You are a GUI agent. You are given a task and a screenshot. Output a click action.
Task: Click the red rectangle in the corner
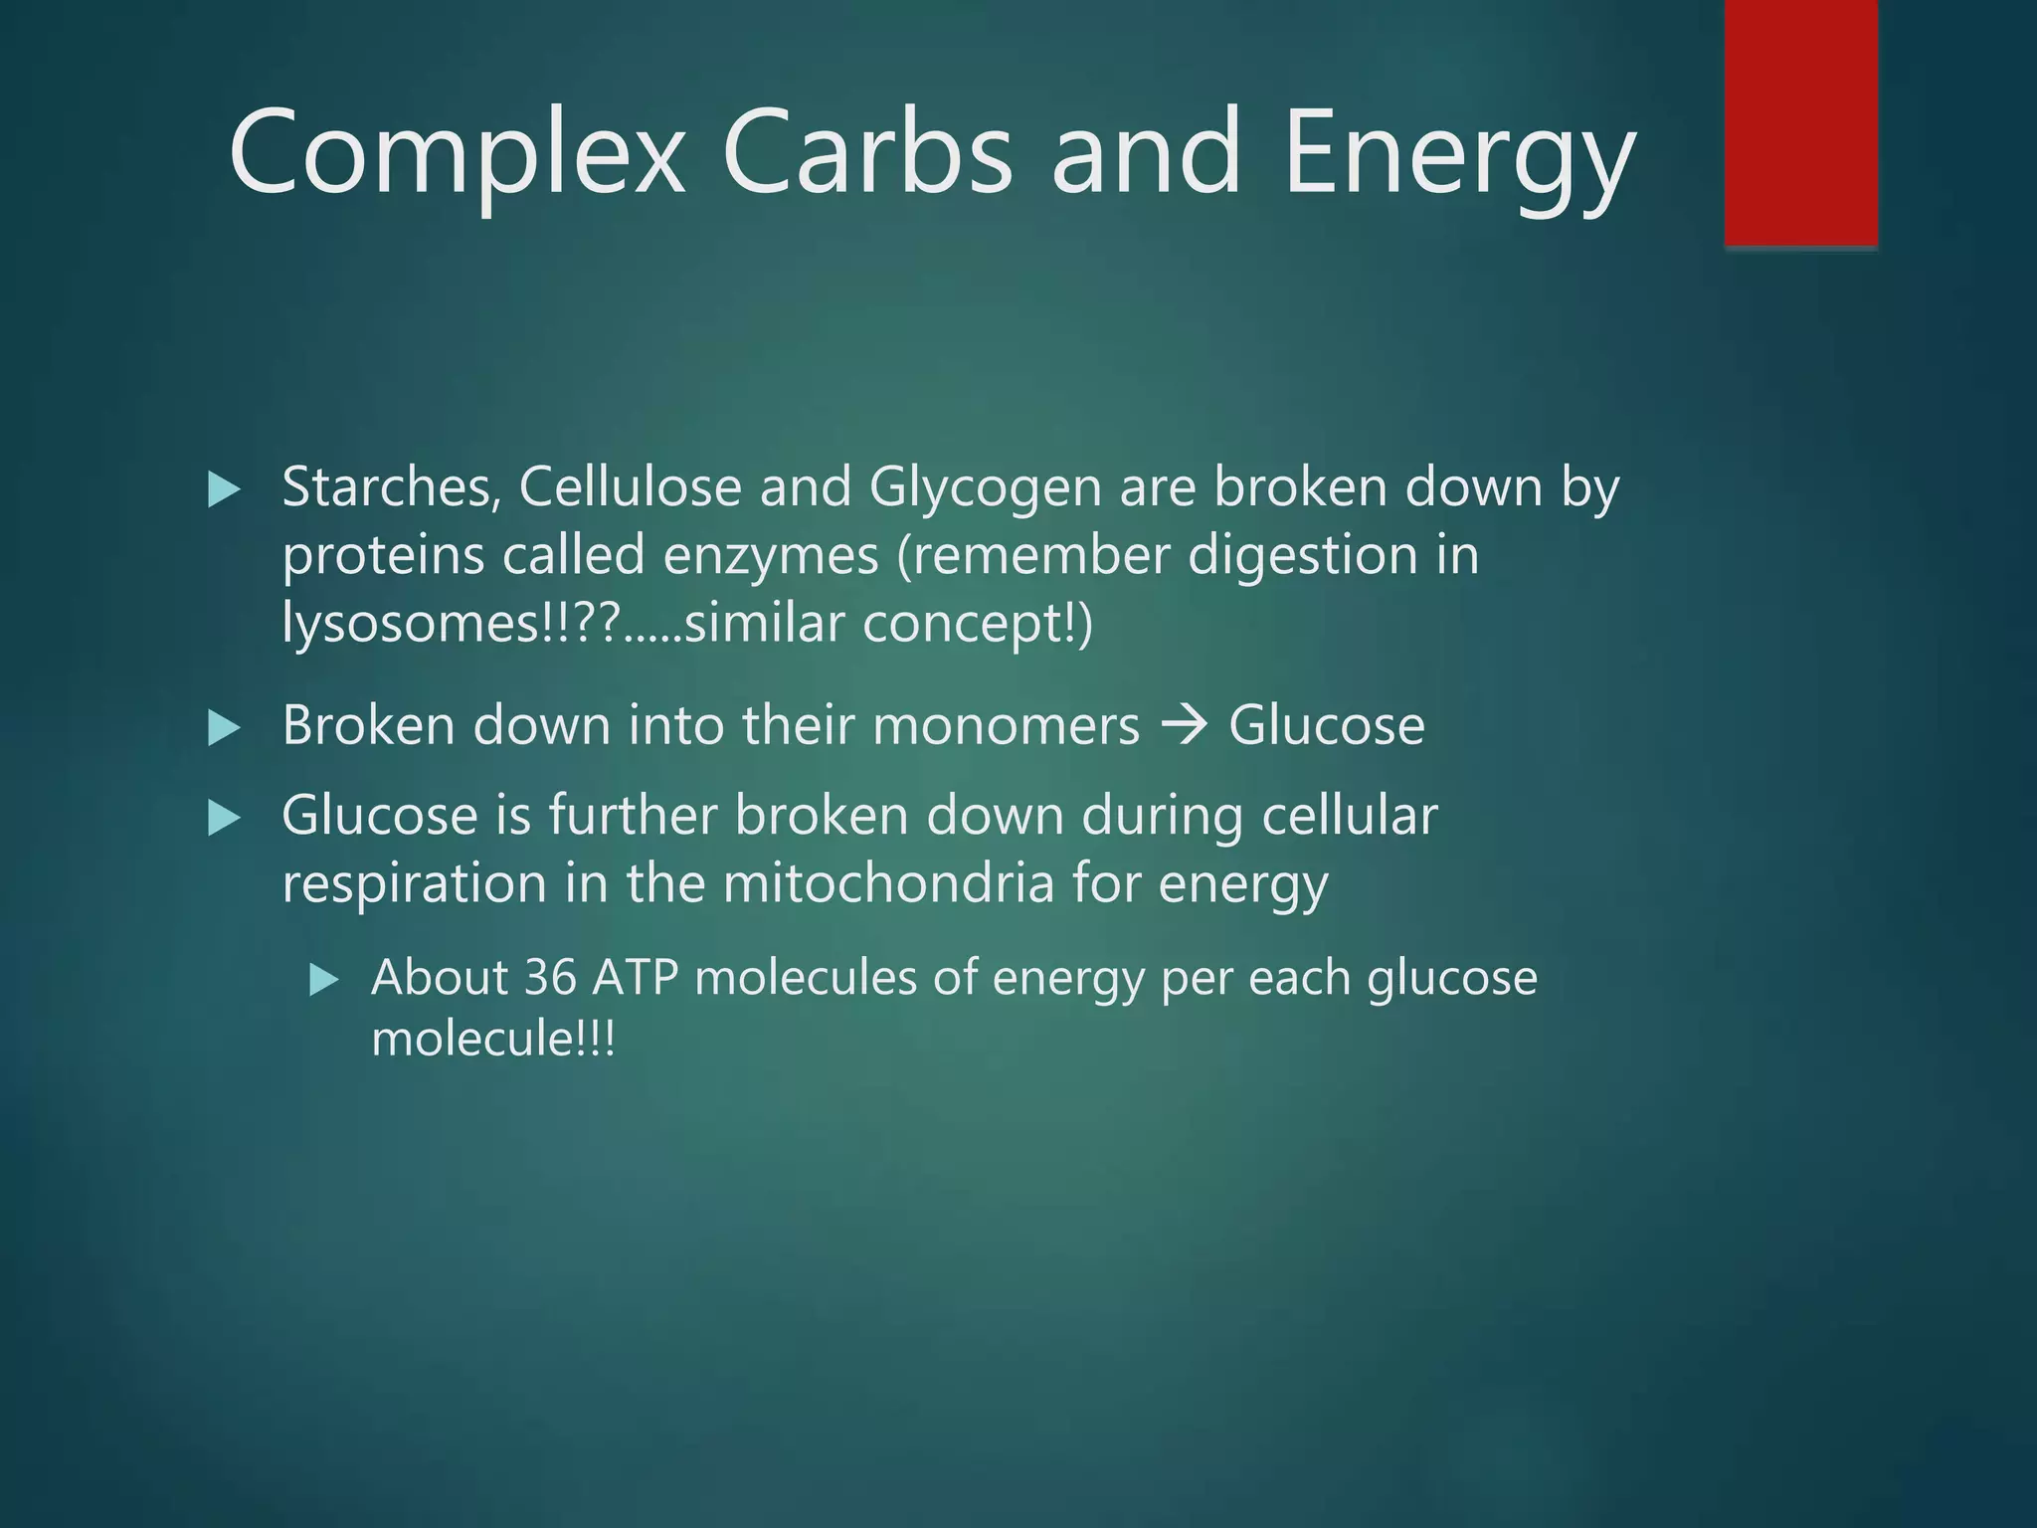(x=1800, y=122)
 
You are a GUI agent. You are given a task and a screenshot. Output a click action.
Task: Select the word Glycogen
(x=985, y=489)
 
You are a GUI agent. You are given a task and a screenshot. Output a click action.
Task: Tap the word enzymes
(x=771, y=555)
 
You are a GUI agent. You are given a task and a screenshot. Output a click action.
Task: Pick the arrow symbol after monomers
(x=1184, y=725)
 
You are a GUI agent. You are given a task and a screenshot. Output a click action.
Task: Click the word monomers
(x=1006, y=725)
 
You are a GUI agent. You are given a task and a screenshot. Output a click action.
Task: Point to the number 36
(x=550, y=977)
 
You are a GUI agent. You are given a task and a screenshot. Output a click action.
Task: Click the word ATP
(x=635, y=977)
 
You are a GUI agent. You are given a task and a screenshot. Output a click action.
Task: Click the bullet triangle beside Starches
(x=224, y=489)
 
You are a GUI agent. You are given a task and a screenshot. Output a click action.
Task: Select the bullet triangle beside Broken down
(x=224, y=729)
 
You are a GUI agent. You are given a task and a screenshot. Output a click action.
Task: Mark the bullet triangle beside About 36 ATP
(x=323, y=981)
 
